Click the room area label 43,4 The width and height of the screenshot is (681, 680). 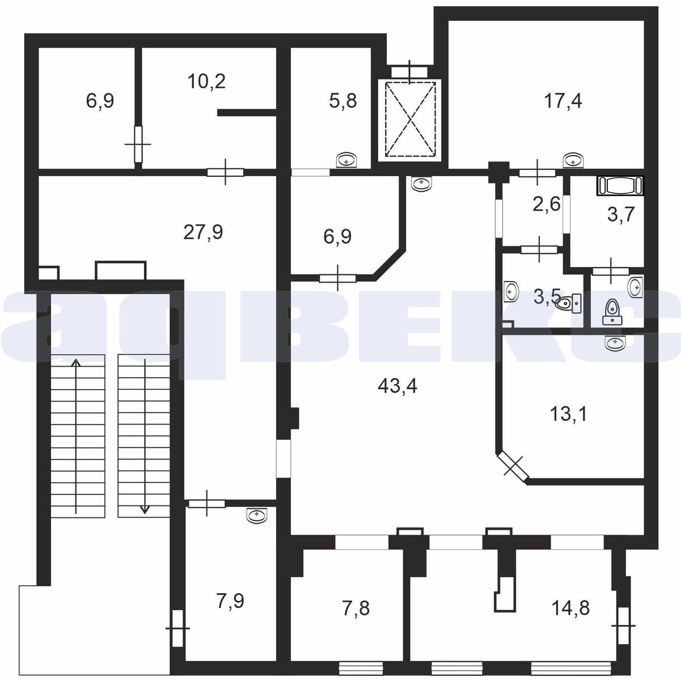[397, 385]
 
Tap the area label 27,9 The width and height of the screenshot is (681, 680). [203, 232]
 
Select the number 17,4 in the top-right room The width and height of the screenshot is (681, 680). [562, 101]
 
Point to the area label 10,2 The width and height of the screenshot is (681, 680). [206, 81]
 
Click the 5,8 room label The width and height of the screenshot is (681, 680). [343, 101]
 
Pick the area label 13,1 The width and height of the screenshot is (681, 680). [568, 414]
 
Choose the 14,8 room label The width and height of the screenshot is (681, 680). [570, 608]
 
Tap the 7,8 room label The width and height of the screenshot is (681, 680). [356, 609]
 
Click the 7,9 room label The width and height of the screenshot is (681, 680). [230, 601]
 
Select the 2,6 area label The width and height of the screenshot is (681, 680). [547, 204]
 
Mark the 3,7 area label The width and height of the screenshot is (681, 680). [621, 214]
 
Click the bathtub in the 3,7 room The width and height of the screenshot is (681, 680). [620, 185]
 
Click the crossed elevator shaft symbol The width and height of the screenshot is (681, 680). [409, 120]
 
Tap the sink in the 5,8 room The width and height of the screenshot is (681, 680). [346, 160]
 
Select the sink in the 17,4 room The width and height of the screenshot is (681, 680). [573, 160]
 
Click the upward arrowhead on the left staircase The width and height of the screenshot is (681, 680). [76, 363]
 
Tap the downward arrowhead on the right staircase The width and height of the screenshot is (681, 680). [145, 509]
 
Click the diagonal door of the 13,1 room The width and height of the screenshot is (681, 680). [513, 466]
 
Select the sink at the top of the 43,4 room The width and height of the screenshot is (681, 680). [422, 184]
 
